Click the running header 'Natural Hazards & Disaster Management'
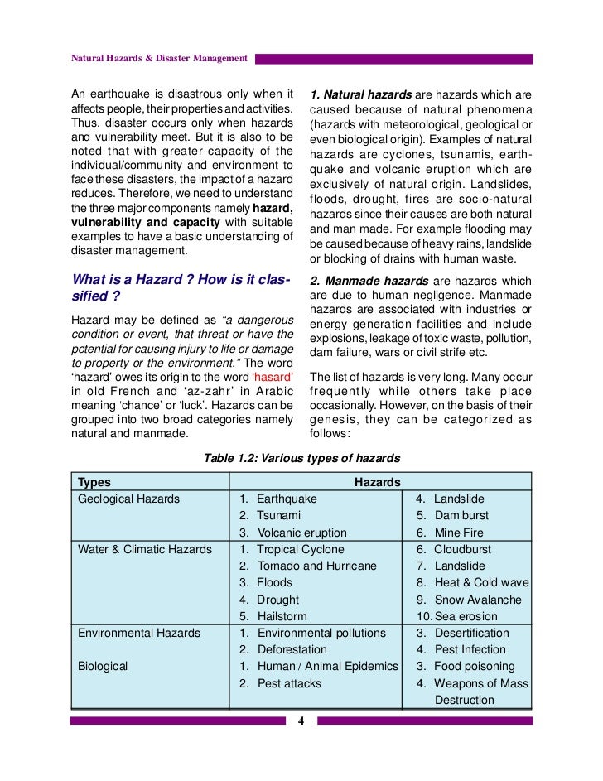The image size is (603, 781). (159, 58)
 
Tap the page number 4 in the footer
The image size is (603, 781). (301, 721)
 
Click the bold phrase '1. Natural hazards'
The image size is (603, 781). (359, 94)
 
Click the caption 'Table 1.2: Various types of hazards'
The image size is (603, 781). (301, 458)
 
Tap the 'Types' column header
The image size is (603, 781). (94, 482)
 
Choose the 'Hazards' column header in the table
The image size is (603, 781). (378, 482)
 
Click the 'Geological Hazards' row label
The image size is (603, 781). (128, 499)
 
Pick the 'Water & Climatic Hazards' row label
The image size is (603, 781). (144, 549)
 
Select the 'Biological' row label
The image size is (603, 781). (103, 666)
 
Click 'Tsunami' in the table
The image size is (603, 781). (279, 515)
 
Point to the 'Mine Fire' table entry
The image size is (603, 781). (461, 533)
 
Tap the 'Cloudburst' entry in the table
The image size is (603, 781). (462, 549)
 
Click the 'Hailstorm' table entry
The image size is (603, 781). (282, 616)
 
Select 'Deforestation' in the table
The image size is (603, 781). (292, 649)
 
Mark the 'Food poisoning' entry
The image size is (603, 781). (474, 666)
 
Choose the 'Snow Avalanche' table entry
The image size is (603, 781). (477, 600)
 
